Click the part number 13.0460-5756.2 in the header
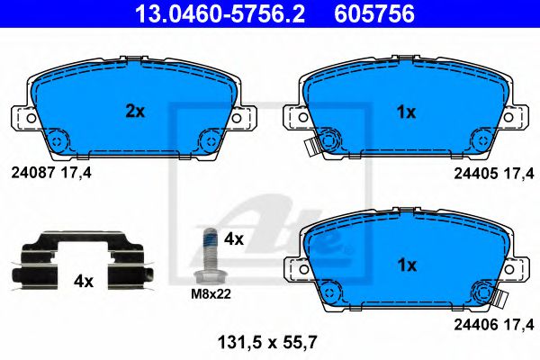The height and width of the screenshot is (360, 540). point(220,13)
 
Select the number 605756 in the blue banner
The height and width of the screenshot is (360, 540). point(374,13)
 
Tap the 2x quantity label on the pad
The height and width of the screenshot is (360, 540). point(135,112)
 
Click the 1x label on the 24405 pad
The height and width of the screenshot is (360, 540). point(407,112)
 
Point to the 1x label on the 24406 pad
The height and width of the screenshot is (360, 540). point(407,265)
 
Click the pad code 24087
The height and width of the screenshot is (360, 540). point(33,173)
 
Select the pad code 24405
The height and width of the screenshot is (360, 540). point(475,174)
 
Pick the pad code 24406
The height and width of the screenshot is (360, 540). point(476,325)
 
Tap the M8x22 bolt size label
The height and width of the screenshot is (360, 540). point(211,294)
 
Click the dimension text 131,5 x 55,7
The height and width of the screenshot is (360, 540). point(267,342)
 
